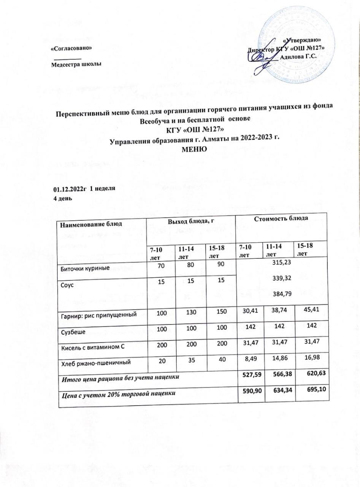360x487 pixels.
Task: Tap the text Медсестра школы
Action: [x=76, y=64]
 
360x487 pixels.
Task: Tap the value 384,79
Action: [x=280, y=293]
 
